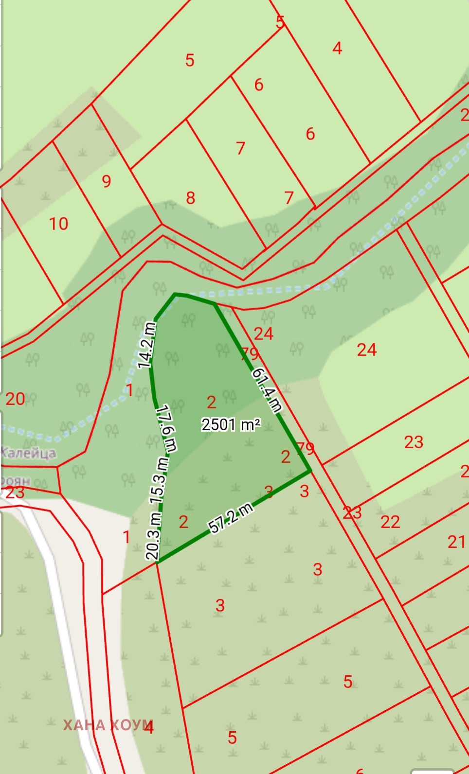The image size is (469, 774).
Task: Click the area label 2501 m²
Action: tap(231, 424)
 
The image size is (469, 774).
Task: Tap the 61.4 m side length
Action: tap(267, 390)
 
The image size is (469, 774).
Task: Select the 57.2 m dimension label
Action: tap(231, 518)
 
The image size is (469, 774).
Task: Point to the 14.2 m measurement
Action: tap(146, 345)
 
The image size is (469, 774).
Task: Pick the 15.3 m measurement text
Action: tap(160, 481)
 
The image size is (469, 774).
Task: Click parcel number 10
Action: tap(58, 224)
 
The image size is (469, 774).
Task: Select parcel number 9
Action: tap(107, 181)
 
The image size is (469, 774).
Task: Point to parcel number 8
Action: tap(190, 198)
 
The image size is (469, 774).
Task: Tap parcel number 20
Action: tap(15, 399)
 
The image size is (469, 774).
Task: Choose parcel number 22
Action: tap(390, 522)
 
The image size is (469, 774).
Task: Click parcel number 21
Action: tap(456, 542)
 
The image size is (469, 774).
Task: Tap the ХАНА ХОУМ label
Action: tap(108, 725)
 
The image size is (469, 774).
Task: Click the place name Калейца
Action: tap(28, 453)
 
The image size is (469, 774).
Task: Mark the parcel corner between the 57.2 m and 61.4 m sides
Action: tap(310, 471)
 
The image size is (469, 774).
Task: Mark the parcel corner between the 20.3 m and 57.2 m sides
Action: tap(157, 563)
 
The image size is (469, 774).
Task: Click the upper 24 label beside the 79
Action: tap(263, 334)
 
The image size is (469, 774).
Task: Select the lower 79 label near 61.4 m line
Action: tap(306, 448)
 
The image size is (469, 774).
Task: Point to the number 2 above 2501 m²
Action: tap(211, 402)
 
